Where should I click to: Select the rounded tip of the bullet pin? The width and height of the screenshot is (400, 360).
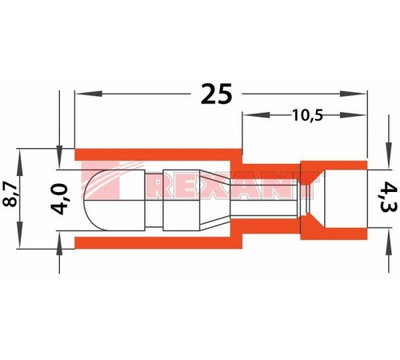[94, 194]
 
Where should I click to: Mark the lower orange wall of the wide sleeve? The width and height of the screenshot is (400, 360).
[152, 239]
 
